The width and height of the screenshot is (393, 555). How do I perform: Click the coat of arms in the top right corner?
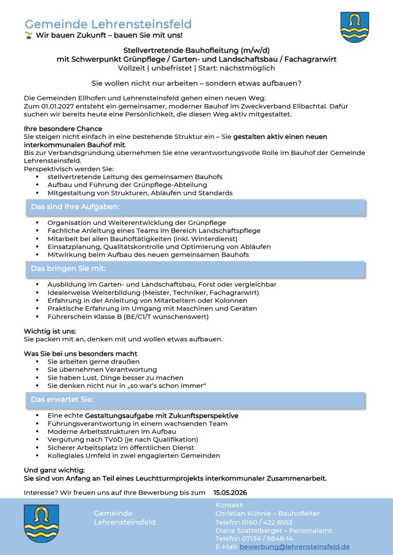354,27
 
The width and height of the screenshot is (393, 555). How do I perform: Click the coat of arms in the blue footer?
41,523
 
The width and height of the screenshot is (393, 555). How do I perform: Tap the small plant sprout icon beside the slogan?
29,35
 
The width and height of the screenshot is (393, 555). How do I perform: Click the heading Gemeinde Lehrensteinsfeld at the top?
108,24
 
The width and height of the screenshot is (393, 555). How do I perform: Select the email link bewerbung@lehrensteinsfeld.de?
294,546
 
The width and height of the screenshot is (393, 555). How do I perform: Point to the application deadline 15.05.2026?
230,492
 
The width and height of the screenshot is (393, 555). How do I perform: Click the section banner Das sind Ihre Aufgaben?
75,207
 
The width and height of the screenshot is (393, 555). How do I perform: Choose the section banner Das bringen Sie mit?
68,269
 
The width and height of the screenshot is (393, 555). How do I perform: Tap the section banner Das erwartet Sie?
62,400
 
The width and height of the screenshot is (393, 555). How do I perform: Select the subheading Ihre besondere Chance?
63,129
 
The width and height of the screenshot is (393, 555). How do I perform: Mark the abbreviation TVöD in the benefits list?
113,439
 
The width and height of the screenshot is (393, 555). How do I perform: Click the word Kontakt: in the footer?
229,505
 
